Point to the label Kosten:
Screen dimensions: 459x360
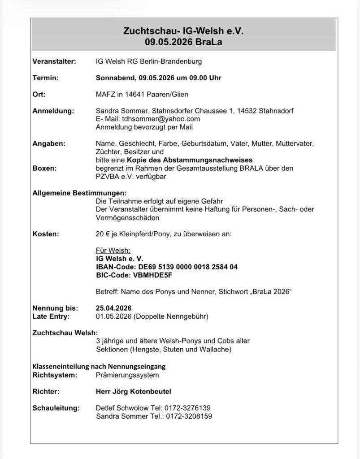[46, 234]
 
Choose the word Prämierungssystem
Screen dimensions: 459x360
[127, 374]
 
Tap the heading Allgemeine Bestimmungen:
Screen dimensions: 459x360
[74, 193]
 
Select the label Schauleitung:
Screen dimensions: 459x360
[56, 408]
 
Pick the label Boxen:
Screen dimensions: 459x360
[44, 168]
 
